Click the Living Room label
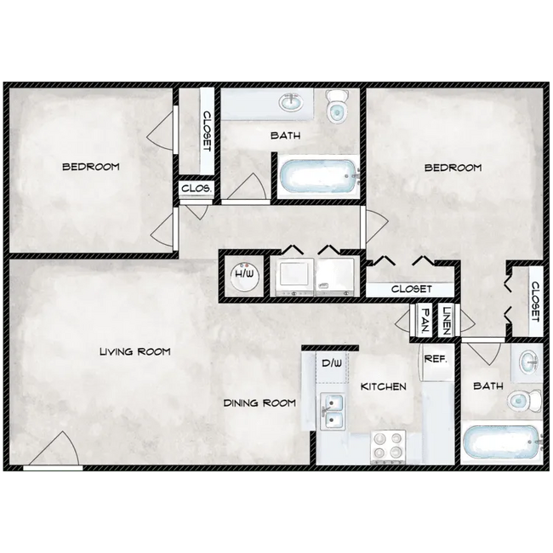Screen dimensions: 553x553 pos(134,351)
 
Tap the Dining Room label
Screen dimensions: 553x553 pos(259,402)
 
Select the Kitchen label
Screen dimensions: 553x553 pos(383,386)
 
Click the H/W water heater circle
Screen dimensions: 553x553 pos(244,275)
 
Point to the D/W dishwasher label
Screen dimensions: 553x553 pos(331,364)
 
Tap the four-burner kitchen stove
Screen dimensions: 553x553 pos(388,447)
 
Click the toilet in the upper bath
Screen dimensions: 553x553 pos(337,105)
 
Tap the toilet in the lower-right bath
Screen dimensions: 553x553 pos(520,400)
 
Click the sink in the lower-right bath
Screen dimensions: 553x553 pos(527,361)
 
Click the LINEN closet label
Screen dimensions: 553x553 pos(447,320)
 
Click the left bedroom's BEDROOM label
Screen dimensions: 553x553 pos(91,167)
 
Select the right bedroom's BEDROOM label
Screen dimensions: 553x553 pos(453,168)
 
